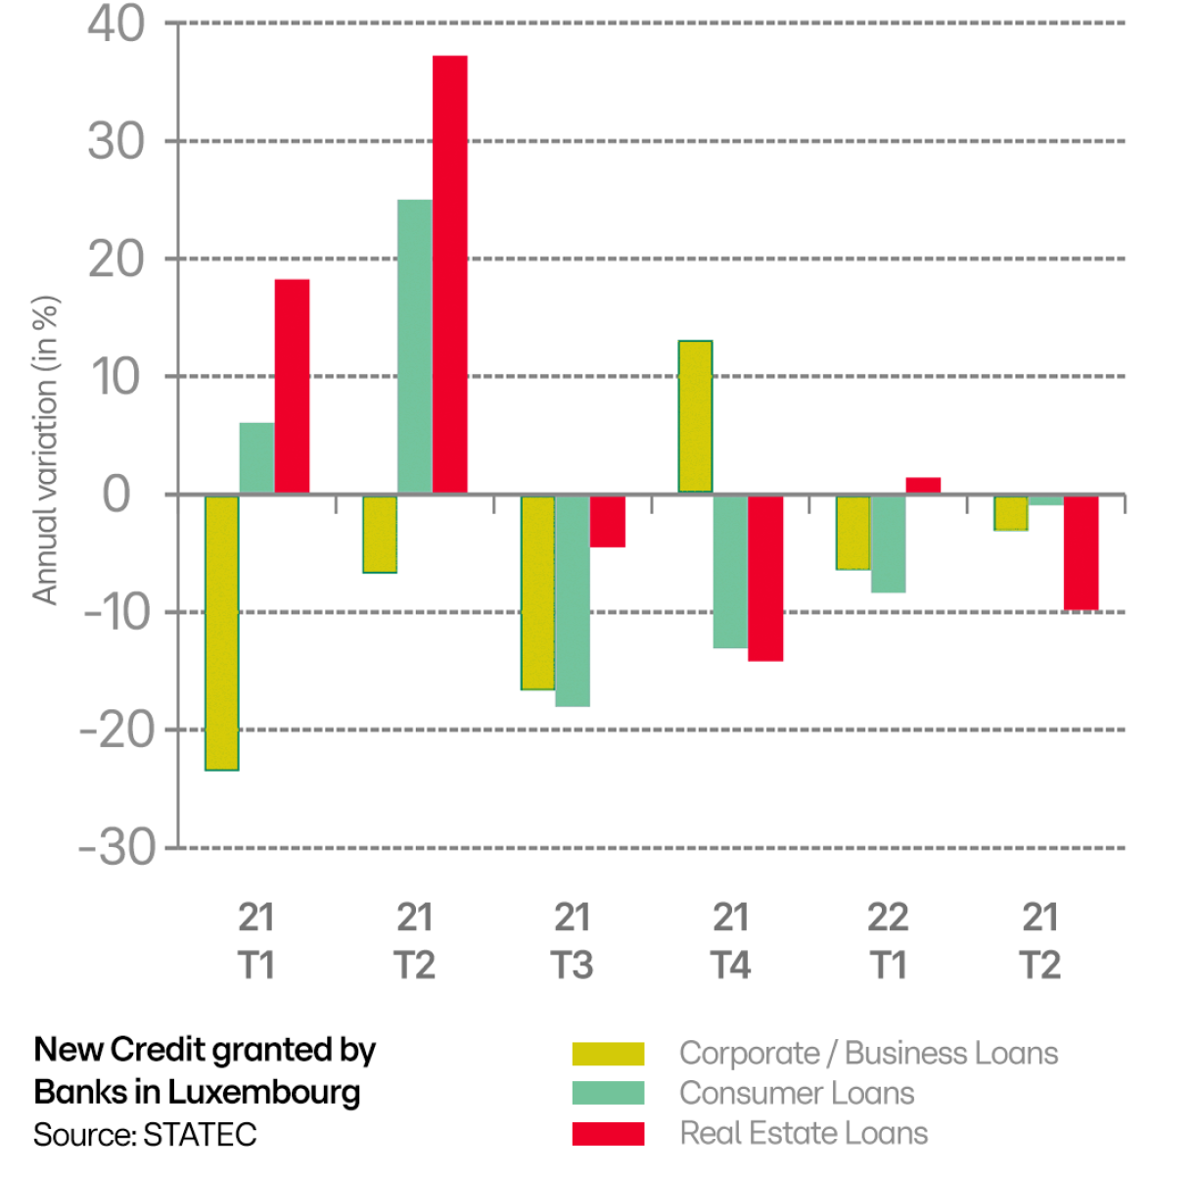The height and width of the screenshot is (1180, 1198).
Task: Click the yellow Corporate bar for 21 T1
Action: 221,633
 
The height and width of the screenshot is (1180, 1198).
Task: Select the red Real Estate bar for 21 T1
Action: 292,386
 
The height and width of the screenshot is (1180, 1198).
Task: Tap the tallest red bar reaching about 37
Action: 449,274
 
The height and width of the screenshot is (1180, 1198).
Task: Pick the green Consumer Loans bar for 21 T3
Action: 572,600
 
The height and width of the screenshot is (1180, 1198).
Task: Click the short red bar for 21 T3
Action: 607,521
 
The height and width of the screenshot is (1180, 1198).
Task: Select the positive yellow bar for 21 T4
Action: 695,416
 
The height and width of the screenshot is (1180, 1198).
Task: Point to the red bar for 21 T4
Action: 764,578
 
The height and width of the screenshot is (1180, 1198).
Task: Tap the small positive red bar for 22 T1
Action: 923,486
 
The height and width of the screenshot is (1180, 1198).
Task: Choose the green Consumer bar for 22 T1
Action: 888,543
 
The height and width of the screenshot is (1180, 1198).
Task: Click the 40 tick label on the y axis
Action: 115,24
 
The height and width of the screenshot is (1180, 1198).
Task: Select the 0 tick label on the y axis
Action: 116,495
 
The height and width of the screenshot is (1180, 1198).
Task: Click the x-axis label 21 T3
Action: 573,941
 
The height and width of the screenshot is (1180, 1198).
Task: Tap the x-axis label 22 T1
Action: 888,941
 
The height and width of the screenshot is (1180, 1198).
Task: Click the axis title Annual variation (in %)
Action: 45,450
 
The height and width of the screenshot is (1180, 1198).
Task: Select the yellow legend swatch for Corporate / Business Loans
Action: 608,1054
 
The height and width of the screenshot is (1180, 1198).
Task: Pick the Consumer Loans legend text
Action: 797,1093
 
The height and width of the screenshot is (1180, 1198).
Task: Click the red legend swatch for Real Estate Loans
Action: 608,1133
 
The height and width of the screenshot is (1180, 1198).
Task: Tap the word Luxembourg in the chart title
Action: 264,1092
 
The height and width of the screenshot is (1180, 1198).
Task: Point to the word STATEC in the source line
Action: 200,1135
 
